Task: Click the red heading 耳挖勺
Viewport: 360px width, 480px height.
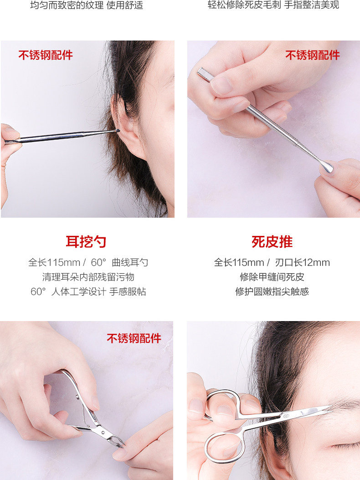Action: pyautogui.click(x=86, y=241)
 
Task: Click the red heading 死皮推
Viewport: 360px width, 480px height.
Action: pyautogui.click(x=272, y=241)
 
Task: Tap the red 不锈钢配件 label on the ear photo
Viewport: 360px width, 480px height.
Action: pyautogui.click(x=46, y=55)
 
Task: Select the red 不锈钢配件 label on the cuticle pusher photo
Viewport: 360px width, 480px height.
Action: pyautogui.click(x=313, y=55)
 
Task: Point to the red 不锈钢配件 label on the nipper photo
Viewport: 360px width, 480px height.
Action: pyautogui.click(x=134, y=338)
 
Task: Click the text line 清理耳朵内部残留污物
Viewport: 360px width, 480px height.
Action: pyautogui.click(x=88, y=277)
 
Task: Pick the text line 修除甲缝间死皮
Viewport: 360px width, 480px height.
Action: pyautogui.click(x=272, y=277)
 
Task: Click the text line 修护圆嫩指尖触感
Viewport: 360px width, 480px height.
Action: pyautogui.click(x=272, y=291)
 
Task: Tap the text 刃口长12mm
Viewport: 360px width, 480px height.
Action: pyautogui.click(x=303, y=262)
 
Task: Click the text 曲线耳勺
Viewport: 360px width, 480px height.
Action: pyautogui.click(x=130, y=262)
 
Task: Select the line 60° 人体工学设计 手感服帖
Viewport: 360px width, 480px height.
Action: pyautogui.click(x=88, y=291)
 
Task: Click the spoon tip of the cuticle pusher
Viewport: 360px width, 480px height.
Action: pyautogui.click(x=326, y=168)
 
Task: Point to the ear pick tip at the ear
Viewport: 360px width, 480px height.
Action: pyautogui.click(x=117, y=130)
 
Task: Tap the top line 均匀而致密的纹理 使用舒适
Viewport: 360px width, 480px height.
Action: pyautogui.click(x=87, y=5)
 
